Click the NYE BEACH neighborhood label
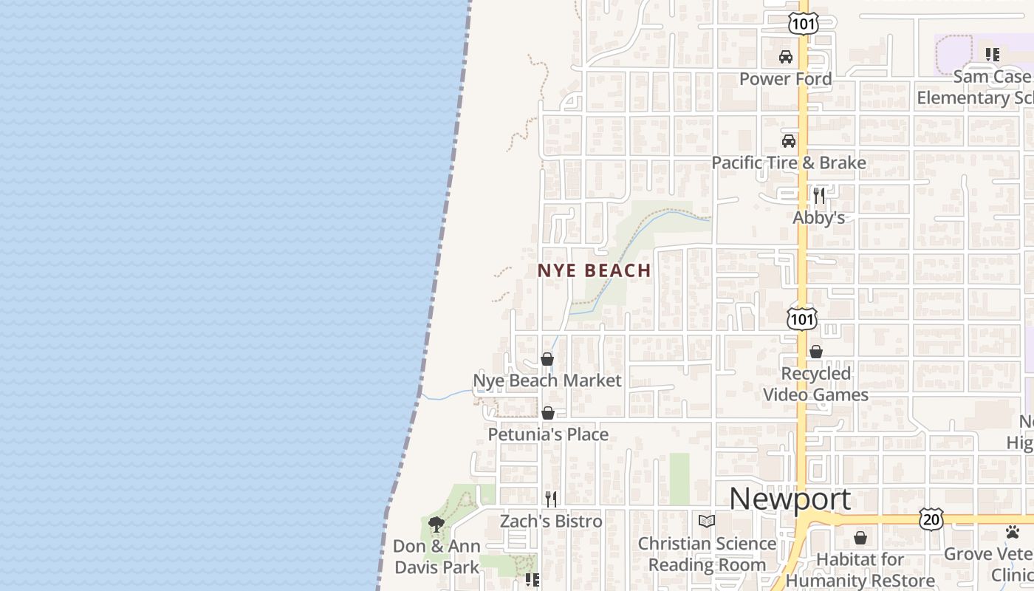[x=594, y=271]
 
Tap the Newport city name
[x=790, y=499]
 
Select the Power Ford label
[x=785, y=79]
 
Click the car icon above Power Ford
[x=786, y=57]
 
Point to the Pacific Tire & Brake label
[x=788, y=163]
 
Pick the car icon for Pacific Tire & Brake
[x=789, y=140]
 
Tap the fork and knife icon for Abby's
[x=818, y=195]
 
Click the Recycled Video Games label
[x=815, y=384]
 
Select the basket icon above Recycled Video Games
[x=816, y=352]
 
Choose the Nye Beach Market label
[x=547, y=381]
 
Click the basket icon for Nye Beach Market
[x=547, y=359]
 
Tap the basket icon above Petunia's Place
[x=548, y=413]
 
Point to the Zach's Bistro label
[x=551, y=522]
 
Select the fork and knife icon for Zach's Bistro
[x=550, y=499]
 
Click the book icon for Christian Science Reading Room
[x=707, y=522]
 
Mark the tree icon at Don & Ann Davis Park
[x=436, y=525]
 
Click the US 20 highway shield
[x=931, y=519]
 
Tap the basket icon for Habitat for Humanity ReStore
[x=860, y=538]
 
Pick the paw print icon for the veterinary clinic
[x=1013, y=532]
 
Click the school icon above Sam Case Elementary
[x=993, y=54]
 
